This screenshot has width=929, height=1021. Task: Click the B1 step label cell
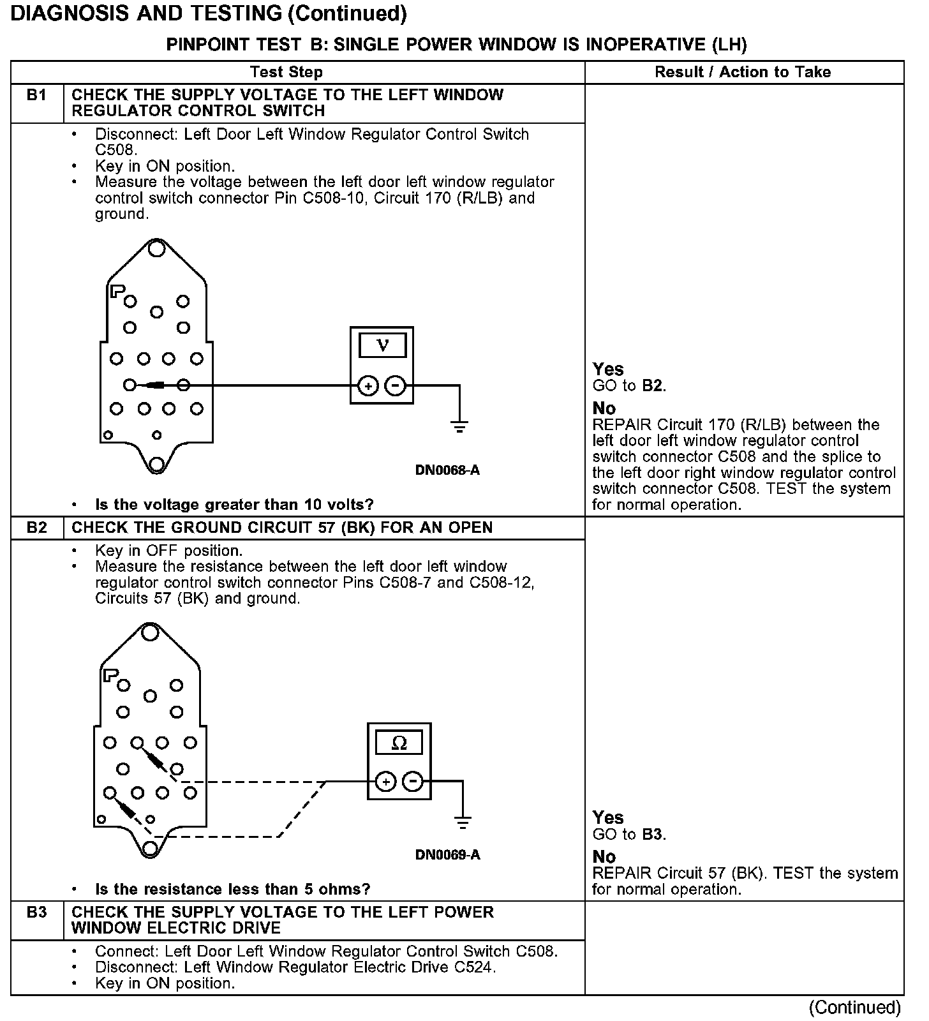coord(37,96)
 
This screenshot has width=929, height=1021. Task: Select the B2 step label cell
coord(37,528)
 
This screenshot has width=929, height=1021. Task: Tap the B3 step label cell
coord(37,913)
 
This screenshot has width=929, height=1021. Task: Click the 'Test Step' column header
coord(286,72)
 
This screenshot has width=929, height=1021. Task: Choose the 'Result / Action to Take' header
coord(743,72)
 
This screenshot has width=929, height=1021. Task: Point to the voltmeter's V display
coord(382,345)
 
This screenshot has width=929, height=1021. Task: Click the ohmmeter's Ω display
coord(399,743)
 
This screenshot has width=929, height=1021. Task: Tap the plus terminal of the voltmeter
coord(368,385)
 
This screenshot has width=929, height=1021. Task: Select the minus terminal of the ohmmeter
coord(413,782)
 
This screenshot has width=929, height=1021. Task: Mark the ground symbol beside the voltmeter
coord(459,426)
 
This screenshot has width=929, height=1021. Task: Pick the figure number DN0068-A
coord(447,471)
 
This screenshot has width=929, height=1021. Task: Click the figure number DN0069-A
coord(447,855)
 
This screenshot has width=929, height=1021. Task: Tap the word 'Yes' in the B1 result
coord(607,369)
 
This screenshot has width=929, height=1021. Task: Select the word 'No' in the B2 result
coord(604,856)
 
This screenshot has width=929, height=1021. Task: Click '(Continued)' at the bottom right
coord(855,1008)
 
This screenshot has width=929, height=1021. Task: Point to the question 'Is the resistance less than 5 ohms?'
coord(232,889)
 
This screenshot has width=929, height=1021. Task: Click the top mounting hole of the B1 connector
coord(156,248)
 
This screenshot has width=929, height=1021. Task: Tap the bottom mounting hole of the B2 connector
coord(150,848)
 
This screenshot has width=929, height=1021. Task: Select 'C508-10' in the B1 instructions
coord(336,198)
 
